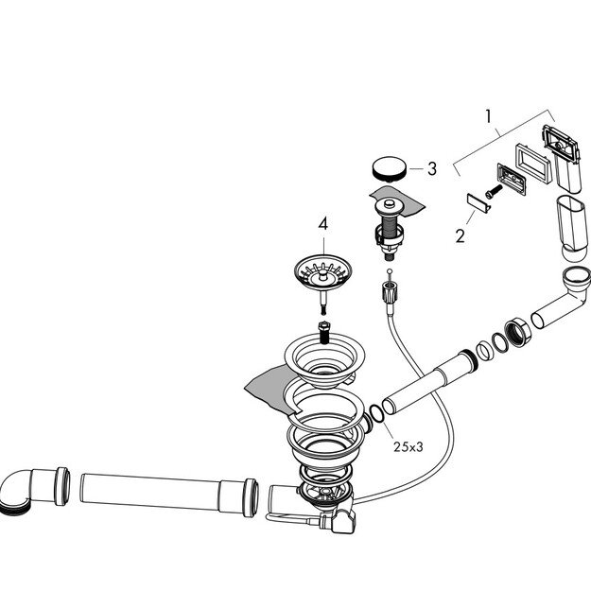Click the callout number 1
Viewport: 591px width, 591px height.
coord(489,117)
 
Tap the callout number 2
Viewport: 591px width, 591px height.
coord(460,236)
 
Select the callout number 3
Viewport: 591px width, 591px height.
coord(432,169)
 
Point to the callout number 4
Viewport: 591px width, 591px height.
coord(323,224)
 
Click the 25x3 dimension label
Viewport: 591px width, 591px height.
coord(408,447)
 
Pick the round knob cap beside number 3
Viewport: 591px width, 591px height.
coord(390,168)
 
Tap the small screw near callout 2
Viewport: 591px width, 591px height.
coord(494,191)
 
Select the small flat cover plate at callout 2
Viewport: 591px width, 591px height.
coord(478,203)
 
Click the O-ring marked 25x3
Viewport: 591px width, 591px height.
coord(377,413)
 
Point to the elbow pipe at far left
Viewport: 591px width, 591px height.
coord(35,491)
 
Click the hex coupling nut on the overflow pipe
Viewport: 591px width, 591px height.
coord(518,332)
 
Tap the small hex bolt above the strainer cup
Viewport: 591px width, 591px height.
coord(324,332)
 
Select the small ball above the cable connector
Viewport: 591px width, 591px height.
coord(389,271)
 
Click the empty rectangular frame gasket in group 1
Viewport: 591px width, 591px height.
coord(533,165)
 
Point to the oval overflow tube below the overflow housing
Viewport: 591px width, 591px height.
coord(572,227)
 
